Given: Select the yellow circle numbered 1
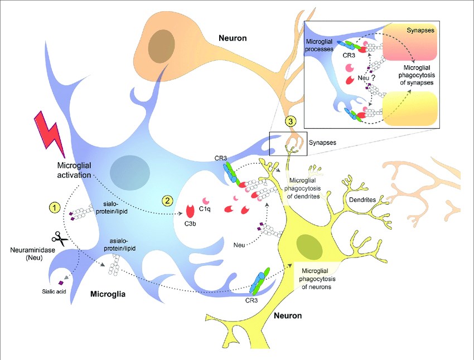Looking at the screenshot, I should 54,207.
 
